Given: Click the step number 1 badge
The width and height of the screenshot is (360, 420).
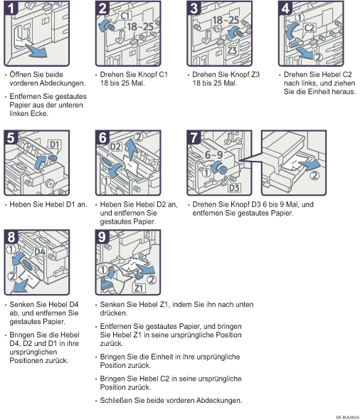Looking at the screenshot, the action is coord(11,8).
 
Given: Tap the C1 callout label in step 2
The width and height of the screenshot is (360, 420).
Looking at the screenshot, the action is coord(125,16).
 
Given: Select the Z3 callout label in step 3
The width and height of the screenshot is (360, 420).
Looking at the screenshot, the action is coord(232,51).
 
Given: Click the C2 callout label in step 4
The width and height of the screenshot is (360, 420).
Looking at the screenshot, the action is coord(309,28).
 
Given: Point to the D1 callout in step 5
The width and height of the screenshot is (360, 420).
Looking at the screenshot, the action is coord(54,145).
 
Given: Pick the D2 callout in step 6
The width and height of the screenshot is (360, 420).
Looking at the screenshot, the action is coord(115,147).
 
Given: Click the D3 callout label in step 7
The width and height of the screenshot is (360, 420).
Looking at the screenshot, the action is coord(234,187).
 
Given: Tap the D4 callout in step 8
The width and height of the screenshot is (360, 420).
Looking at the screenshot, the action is coord(40,252).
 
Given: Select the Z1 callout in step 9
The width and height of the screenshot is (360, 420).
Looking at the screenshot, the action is coord(139,288).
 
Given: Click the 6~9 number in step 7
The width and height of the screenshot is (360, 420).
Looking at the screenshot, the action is coord(214,154).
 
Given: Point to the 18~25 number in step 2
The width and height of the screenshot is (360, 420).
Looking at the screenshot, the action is coord(140,27).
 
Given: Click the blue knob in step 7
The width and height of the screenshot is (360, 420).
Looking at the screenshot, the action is coord(222,169).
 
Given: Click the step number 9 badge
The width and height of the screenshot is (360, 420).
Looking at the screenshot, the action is coord(102,237).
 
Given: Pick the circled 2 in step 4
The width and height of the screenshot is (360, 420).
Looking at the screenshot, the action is coord(318,57).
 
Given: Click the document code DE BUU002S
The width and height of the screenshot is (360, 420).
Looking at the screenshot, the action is coord(348,417).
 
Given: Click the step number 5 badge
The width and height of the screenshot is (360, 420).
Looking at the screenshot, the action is coord(11,137).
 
